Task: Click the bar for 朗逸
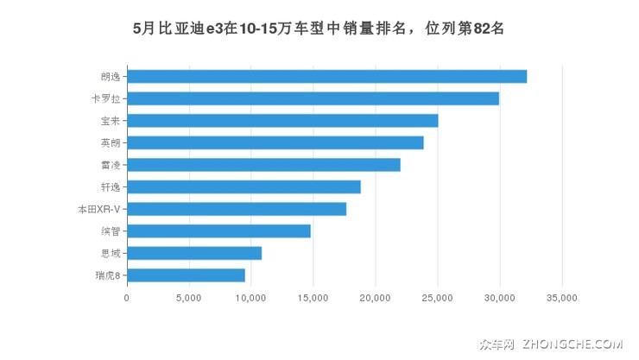(326, 76)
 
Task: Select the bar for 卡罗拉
(313, 98)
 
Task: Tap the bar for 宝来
(282, 120)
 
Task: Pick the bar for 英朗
(275, 142)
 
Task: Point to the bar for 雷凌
(263, 165)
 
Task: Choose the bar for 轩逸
(244, 186)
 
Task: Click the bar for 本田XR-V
(237, 209)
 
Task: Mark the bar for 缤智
(218, 231)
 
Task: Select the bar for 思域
(194, 253)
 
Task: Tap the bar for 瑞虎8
(186, 275)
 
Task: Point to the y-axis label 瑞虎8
(108, 275)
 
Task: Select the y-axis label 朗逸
(111, 76)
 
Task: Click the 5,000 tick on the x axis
(188, 298)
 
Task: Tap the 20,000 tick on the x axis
(375, 298)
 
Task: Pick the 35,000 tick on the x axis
(561, 298)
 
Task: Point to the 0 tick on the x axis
(127, 298)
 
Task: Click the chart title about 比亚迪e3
(319, 27)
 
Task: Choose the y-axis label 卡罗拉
(108, 98)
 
